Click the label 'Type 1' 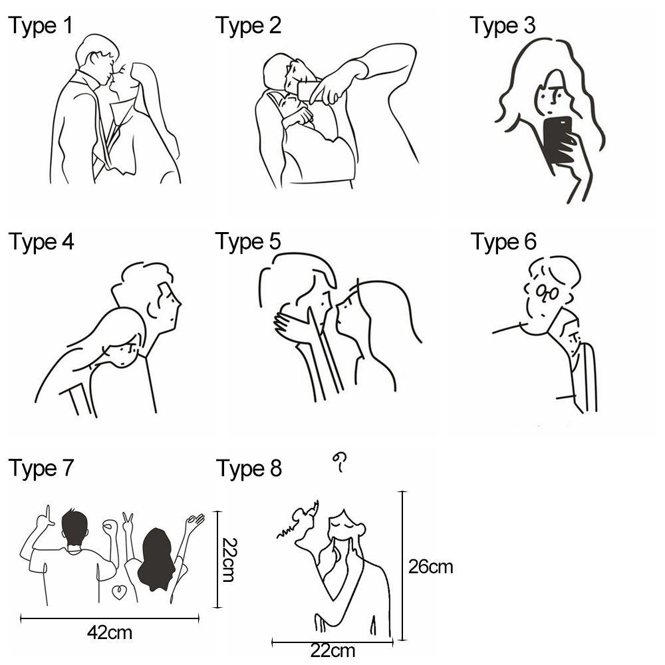point(41,26)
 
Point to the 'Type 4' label point(41,242)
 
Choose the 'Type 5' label point(248,242)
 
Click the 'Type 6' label point(503,242)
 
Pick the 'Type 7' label point(41,469)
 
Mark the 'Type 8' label point(249,469)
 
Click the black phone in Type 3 point(558,142)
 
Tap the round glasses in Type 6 point(547,292)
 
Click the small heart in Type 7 point(119,592)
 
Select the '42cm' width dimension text point(110,633)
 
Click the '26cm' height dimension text point(430,567)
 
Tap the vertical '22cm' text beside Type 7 point(229,560)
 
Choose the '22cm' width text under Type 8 point(332,651)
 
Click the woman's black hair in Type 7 point(157,559)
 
